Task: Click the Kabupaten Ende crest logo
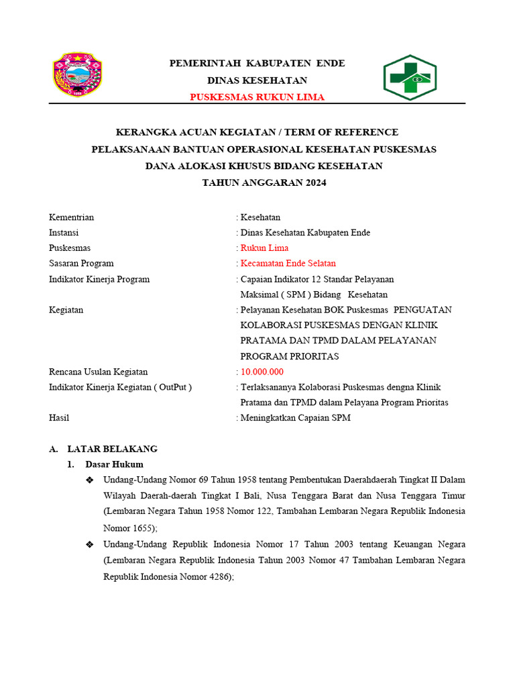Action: coord(77,75)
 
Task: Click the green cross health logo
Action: coord(410,78)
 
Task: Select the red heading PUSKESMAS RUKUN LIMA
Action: coord(257,97)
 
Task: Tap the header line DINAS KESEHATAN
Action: coord(257,81)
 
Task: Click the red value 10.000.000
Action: coord(262,372)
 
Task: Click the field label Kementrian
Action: coord(72,217)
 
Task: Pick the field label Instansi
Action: coord(64,233)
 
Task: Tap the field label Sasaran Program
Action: coord(81,264)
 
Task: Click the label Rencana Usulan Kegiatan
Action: coord(99,372)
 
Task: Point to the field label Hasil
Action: coord(59,418)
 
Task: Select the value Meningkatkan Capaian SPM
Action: coord(295,418)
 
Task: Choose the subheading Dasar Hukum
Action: coord(114,464)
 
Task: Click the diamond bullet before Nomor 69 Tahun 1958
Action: coord(90,480)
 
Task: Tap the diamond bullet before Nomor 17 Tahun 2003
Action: coord(90,544)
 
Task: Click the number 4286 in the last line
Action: coord(217,576)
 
